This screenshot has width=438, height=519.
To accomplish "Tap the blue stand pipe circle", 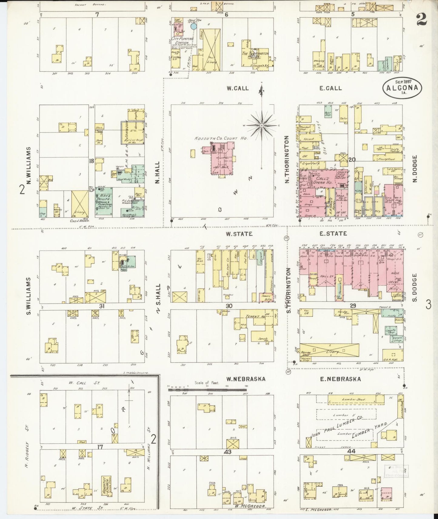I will (193, 26).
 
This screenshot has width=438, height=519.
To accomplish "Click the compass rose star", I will (262, 125).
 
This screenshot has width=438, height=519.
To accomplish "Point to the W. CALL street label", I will (238, 88).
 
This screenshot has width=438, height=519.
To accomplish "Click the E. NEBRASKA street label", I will (340, 379).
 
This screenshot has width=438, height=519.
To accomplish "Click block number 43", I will (228, 452).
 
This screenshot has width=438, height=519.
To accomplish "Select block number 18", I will (91, 161).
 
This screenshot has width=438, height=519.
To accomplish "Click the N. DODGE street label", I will (415, 169).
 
